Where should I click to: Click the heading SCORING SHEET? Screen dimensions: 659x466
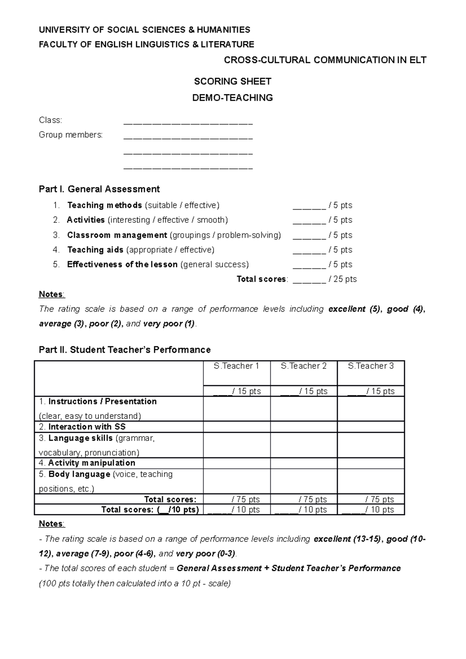tap(232, 82)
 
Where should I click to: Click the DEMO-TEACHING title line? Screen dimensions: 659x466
tap(232, 98)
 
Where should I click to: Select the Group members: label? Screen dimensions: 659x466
tap(71, 135)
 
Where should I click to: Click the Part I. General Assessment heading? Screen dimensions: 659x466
tap(99, 189)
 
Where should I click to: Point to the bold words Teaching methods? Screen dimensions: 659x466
tap(104, 205)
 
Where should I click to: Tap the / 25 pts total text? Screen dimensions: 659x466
tap(343, 279)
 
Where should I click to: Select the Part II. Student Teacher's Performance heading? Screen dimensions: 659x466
tap(125, 350)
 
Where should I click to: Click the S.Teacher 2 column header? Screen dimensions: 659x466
tap(304, 366)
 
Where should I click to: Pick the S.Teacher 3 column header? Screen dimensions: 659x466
tap(371, 366)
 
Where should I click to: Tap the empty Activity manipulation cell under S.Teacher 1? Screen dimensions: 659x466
tap(236, 463)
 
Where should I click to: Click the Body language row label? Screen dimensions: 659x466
tap(79, 474)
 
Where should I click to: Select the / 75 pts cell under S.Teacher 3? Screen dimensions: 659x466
tap(379, 499)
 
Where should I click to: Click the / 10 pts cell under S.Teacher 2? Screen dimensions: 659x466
tap(312, 510)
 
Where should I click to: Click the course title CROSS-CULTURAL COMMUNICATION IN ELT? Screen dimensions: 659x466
tap(325, 60)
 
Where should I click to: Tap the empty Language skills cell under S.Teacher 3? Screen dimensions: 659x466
tap(371, 445)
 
